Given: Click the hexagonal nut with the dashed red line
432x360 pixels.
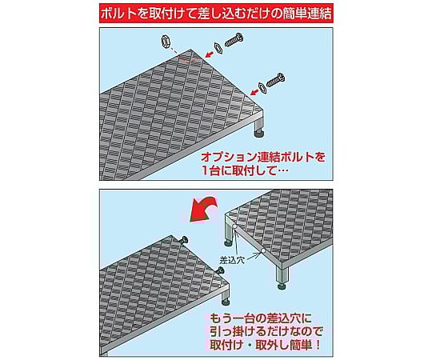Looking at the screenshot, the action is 166,42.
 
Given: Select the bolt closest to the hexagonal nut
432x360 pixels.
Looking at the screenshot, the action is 234,40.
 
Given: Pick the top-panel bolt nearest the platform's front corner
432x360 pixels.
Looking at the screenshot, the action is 276,81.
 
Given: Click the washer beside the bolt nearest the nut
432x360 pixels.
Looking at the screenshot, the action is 218,49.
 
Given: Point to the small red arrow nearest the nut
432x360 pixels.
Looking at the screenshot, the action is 210,54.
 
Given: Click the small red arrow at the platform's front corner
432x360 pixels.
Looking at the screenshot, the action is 254,92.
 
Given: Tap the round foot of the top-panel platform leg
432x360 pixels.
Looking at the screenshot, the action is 258,134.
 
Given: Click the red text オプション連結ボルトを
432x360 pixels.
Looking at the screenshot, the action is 263,157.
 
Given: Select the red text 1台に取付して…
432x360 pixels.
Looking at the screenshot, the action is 245,171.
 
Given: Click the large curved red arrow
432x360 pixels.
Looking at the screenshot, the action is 203,209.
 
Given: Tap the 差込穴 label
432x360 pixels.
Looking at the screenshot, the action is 232,260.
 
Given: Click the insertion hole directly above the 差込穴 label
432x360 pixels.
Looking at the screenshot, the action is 235,226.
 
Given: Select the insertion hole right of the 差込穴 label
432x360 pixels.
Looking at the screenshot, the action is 263,251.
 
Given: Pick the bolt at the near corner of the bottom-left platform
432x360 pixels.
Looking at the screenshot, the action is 220,270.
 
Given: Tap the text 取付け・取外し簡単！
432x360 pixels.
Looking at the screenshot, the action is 266,345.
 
